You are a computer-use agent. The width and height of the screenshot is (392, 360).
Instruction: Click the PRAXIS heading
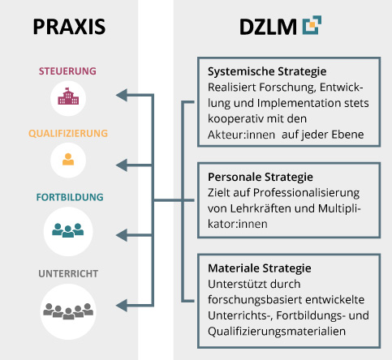(x=69, y=27)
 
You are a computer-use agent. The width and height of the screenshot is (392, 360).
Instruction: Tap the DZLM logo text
(x=266, y=27)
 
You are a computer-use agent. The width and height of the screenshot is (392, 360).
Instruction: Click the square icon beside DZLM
(x=311, y=27)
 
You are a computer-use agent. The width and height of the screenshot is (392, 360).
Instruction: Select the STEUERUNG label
(x=68, y=71)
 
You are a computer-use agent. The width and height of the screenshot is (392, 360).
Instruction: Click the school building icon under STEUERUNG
(x=68, y=100)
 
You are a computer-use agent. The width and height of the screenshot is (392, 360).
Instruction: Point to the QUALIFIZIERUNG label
(x=68, y=133)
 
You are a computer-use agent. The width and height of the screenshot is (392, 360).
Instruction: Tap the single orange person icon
(x=68, y=160)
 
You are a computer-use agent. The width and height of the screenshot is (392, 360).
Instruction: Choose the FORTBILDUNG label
(x=68, y=197)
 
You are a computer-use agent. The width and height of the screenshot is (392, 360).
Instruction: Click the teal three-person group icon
(x=68, y=230)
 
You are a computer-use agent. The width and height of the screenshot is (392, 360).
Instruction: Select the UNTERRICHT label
(x=68, y=273)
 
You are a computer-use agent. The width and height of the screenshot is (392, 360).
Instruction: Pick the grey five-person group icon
(x=68, y=309)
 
